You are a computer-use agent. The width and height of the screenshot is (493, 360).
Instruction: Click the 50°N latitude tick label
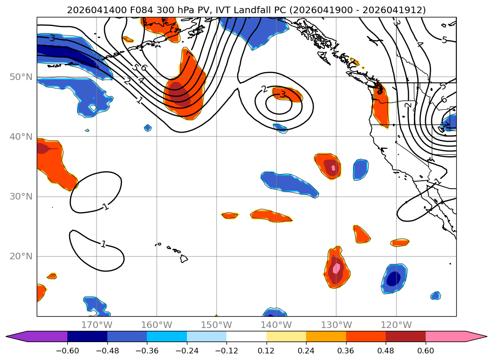point(21,77)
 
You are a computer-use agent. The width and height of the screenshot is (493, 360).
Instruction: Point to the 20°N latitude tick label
point(21,256)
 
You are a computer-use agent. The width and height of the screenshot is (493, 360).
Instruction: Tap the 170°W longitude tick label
point(97,325)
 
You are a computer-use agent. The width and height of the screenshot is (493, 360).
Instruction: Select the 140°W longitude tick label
point(276,325)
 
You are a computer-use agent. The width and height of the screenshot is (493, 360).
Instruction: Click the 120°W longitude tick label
point(396,325)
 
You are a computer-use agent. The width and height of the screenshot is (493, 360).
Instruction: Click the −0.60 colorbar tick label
point(67,351)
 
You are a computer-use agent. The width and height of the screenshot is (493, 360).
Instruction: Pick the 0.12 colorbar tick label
point(267,351)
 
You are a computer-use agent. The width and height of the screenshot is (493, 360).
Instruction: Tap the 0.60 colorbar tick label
point(425,351)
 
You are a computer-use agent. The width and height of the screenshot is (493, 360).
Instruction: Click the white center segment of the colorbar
point(247,336)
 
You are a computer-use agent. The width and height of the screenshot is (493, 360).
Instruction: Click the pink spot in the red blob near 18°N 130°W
point(336,268)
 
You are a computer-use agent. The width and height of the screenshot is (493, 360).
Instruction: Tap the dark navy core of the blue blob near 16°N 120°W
point(393,279)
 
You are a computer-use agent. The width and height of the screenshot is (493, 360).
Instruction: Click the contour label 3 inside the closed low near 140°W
point(283,94)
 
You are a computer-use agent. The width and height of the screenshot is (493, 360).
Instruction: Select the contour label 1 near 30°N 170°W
point(106,207)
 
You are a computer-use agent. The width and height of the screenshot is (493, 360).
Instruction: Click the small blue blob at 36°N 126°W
point(361,169)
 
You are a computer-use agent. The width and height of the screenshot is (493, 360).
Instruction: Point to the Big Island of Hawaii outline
point(184,258)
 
